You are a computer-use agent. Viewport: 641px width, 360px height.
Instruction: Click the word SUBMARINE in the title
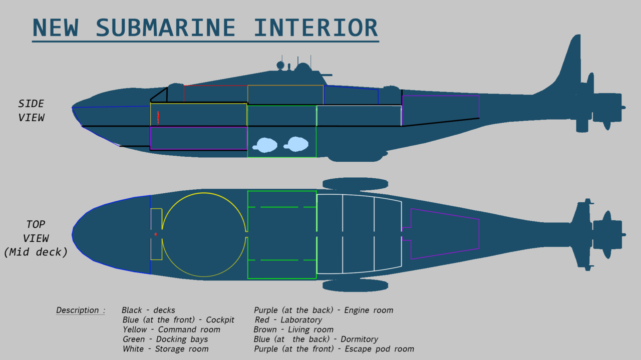[165, 28]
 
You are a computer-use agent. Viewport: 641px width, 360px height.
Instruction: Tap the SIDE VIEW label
[32, 111]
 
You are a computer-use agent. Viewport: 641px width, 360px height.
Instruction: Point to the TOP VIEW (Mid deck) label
[36, 238]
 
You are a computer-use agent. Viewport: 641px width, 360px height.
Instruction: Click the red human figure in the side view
[158, 117]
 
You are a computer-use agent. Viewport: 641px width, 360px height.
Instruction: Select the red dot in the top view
[156, 234]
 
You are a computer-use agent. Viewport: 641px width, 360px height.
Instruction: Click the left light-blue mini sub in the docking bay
[265, 145]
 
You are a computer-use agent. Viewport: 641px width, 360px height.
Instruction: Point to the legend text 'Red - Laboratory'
[287, 320]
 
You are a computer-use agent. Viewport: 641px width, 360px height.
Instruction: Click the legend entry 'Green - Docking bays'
[165, 339]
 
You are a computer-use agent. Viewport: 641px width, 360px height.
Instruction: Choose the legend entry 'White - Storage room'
[165, 349]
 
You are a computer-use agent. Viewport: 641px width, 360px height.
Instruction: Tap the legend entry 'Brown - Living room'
[293, 329]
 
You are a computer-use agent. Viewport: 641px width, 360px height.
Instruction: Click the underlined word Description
[78, 310]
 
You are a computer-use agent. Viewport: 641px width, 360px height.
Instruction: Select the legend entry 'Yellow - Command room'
[171, 329]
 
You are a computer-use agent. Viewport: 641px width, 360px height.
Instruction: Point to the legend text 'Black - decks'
[148, 310]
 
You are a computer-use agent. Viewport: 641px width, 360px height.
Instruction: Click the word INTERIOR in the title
[316, 28]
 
